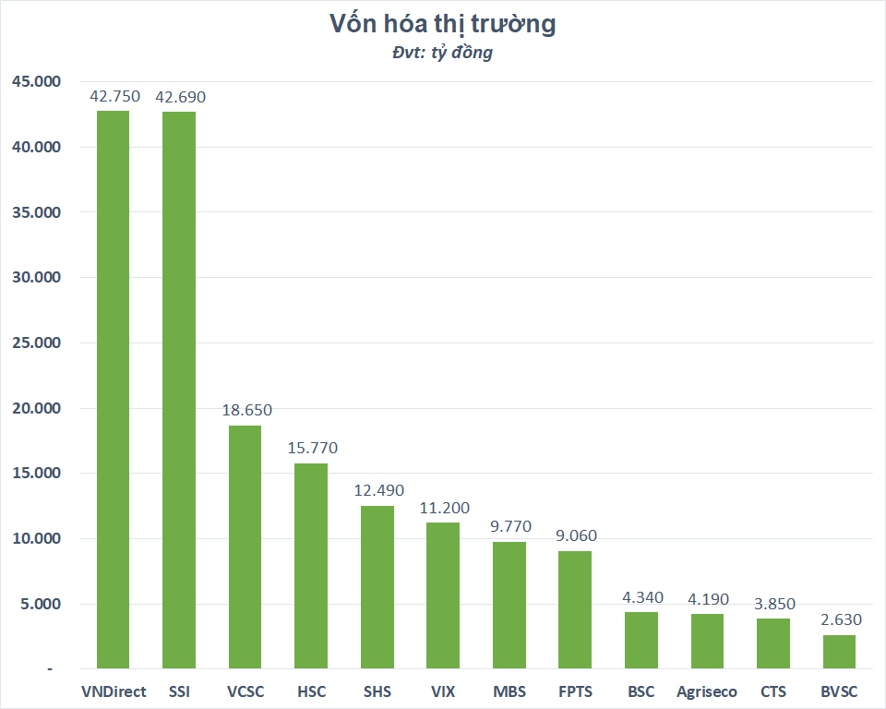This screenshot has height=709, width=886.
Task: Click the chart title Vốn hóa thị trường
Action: click(443, 24)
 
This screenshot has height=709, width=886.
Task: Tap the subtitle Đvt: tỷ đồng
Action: click(443, 53)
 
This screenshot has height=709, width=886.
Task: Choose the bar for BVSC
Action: click(839, 652)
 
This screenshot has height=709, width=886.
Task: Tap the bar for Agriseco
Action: click(707, 642)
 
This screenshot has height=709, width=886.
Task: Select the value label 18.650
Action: click(246, 410)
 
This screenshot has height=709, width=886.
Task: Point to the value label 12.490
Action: click(378, 490)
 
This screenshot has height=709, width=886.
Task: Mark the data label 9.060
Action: click(576, 535)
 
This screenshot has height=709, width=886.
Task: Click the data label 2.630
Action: click(839, 619)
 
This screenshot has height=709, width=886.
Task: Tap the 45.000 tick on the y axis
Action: click(36, 82)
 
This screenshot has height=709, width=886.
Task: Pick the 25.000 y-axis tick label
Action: click(36, 343)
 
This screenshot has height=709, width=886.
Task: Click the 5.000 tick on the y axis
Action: click(40, 605)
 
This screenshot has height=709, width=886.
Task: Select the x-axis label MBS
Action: click(509, 691)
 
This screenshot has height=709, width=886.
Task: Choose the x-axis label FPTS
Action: click(576, 691)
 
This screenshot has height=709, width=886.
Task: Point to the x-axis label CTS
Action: click(773, 691)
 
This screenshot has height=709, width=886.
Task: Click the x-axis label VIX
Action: click(443, 691)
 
